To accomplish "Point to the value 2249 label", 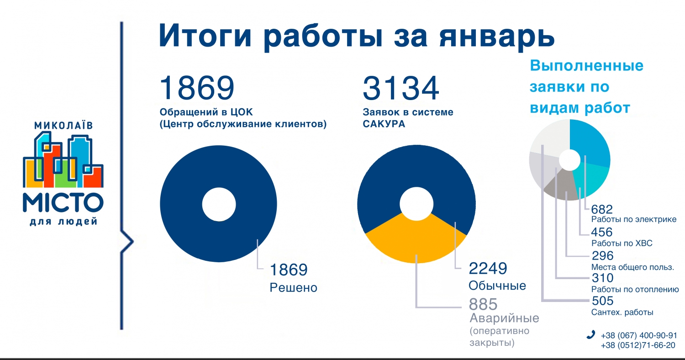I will pos(488,268).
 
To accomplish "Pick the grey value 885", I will pos(483,304).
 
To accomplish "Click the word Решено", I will pos(293,288).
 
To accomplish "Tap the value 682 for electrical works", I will pos(602,209).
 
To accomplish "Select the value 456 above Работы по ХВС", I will pos(602,232).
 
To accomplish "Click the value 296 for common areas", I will pos(602,255).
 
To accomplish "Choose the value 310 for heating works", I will pos(602,278).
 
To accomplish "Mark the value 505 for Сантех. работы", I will pos(602,301).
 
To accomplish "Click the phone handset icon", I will pos(590,334).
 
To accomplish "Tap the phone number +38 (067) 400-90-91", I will pos(638,335).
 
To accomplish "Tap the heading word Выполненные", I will pos(586,66).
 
